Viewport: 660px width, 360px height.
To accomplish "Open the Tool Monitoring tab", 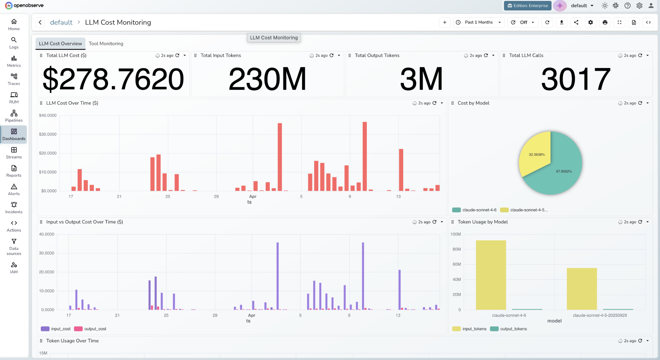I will (x=106, y=44).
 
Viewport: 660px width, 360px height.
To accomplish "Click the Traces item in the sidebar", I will (x=14, y=79).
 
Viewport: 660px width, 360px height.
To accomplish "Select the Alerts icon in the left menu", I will (x=14, y=190).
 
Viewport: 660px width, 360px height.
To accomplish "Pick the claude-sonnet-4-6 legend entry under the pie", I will (x=474, y=210).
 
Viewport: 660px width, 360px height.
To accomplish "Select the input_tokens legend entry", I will (x=469, y=329).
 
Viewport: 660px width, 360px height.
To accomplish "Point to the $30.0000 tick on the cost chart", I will (x=48, y=134).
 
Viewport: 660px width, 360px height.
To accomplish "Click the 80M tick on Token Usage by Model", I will (x=457, y=249).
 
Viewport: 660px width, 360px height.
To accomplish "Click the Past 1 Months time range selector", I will (x=479, y=22).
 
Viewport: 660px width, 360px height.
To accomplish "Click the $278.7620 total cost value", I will (x=113, y=79).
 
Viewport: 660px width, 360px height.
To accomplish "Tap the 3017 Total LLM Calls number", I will (x=576, y=79).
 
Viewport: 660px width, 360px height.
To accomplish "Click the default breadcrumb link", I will (x=61, y=22).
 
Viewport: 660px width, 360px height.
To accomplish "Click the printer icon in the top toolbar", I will (x=605, y=22).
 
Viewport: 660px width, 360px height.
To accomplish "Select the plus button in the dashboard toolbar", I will (x=445, y=22).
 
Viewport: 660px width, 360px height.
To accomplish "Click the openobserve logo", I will (x=24, y=6).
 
